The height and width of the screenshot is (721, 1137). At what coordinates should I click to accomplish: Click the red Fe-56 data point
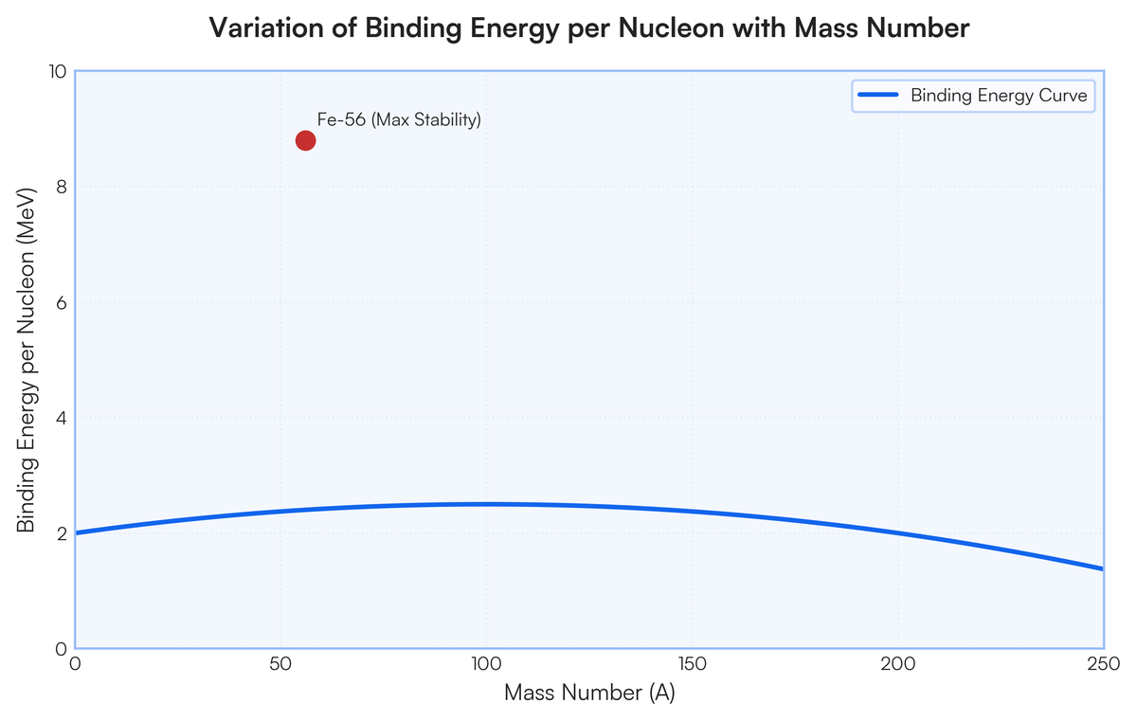[305, 140]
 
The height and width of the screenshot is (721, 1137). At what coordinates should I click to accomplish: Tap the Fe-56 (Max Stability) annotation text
[399, 119]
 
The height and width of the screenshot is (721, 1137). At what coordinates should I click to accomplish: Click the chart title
[589, 27]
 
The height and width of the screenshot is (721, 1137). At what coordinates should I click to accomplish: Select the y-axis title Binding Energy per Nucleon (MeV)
[27, 360]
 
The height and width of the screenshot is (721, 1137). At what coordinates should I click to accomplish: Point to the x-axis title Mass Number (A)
[589, 693]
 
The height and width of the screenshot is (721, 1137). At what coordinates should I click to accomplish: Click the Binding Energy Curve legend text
[999, 96]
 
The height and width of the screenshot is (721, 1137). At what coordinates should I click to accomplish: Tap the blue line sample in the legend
[878, 95]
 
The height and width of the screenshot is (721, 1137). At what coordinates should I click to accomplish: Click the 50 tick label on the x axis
[280, 664]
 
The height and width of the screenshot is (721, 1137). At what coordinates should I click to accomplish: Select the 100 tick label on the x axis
[486, 664]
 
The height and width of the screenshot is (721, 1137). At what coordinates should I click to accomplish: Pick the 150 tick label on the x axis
[693, 664]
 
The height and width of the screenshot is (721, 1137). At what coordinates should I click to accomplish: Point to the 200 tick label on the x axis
[898, 664]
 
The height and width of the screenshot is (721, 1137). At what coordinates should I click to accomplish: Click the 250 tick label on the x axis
[1104, 664]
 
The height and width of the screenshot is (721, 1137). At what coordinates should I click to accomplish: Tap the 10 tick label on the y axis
[58, 72]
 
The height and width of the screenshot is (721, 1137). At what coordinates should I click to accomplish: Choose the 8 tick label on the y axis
[62, 188]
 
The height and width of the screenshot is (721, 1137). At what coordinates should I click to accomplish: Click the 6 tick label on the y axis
[62, 303]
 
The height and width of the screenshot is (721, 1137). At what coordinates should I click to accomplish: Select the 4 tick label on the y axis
[62, 418]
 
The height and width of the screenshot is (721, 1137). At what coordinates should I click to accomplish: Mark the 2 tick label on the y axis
[62, 533]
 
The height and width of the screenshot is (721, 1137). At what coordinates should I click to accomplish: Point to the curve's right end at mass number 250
[1103, 569]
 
